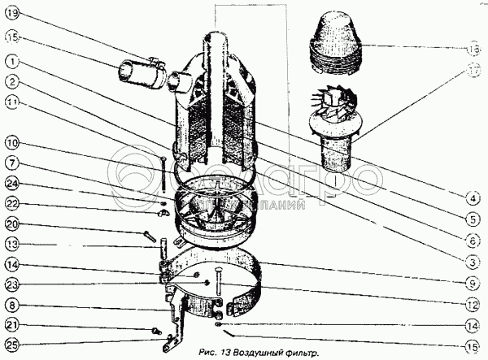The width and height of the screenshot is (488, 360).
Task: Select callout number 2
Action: pyautogui.click(x=11, y=82)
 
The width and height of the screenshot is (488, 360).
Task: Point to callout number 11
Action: pyautogui.click(x=11, y=102)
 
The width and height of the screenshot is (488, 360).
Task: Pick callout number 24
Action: pyautogui.click(x=11, y=183)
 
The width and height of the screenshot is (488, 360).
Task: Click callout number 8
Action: pyautogui.click(x=11, y=306)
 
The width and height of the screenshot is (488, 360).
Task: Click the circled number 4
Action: pyautogui.click(x=473, y=196)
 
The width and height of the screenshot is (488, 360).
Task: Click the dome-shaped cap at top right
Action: pyautogui.click(x=335, y=41)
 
